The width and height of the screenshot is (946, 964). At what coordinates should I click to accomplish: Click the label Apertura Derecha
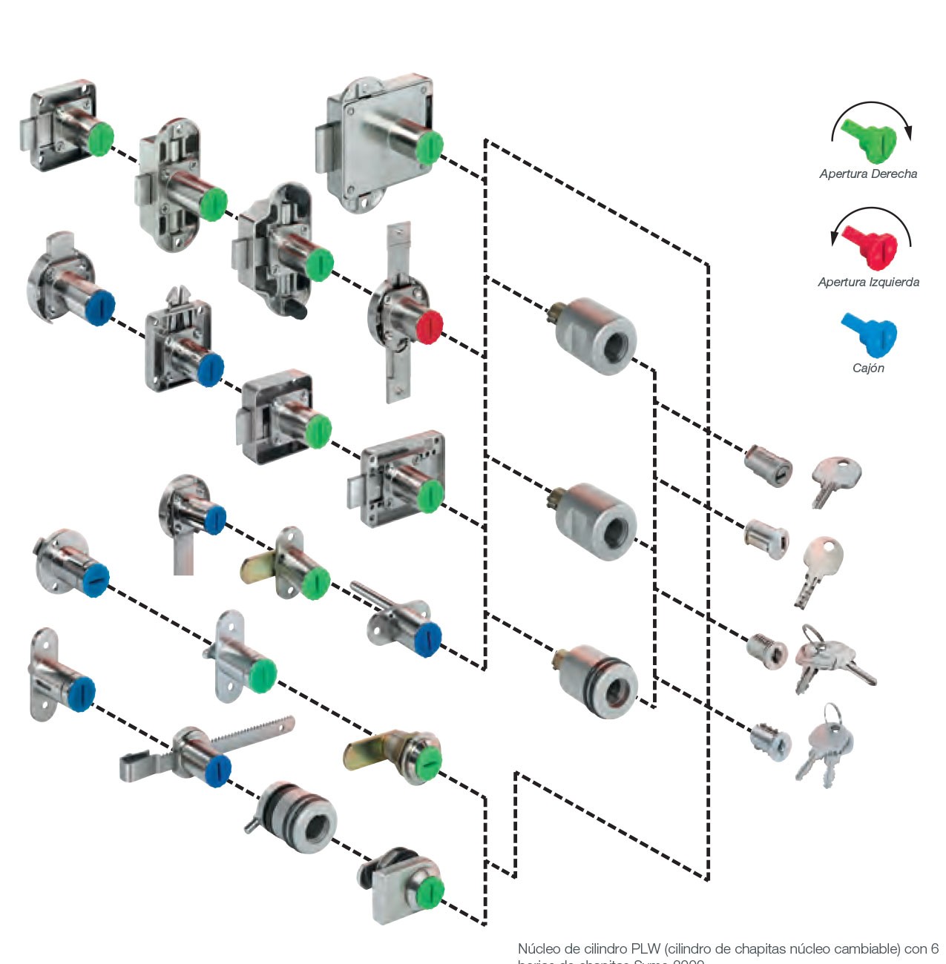pos(867,174)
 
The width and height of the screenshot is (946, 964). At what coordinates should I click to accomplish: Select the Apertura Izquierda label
pos(868,283)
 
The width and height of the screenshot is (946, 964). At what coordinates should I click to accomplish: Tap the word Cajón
pos(868,369)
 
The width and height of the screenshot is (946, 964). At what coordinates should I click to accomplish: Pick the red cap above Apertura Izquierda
pos(873,245)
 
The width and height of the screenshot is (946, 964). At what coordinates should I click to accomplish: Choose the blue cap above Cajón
pos(870,335)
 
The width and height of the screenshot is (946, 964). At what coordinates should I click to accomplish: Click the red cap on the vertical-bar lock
pos(429,326)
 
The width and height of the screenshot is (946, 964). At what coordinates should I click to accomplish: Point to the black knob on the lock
pos(297,309)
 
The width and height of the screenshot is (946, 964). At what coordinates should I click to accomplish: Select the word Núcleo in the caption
pos(538,949)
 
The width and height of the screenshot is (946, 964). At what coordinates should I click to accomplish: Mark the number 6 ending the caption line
pos(934,949)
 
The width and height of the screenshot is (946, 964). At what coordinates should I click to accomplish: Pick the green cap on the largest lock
pos(429,146)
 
